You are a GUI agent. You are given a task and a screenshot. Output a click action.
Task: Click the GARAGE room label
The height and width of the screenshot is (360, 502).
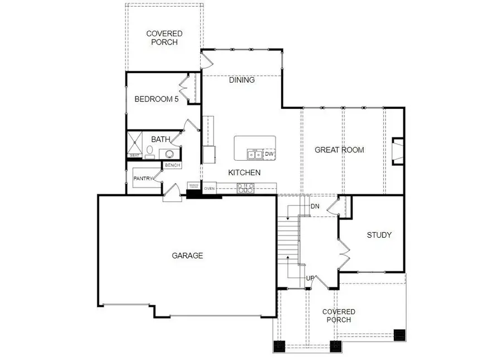pyautogui.click(x=187, y=256)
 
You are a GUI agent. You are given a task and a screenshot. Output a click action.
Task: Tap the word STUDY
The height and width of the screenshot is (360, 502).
pyautogui.click(x=379, y=235)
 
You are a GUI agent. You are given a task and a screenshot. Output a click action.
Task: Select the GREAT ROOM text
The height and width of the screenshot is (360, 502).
pyautogui.click(x=339, y=150)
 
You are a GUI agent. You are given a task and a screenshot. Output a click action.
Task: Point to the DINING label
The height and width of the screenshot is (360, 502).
pyautogui.click(x=242, y=80)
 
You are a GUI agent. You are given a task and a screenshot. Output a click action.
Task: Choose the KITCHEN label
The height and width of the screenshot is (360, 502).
pyautogui.click(x=244, y=172)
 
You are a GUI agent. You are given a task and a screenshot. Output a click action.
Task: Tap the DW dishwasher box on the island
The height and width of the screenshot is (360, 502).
pyautogui.click(x=269, y=153)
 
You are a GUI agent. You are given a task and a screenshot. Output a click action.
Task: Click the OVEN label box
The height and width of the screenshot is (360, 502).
pyautogui.click(x=209, y=189)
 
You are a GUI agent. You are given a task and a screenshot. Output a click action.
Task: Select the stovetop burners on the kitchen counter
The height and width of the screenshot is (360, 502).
pyautogui.click(x=245, y=188)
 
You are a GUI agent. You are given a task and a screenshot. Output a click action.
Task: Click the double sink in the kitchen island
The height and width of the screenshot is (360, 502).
pyautogui.click(x=255, y=153)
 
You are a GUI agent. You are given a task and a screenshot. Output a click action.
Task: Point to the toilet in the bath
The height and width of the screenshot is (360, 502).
pyautogui.click(x=150, y=151)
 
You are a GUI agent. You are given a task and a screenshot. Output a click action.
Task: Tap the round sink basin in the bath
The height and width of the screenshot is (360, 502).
pyautogui.click(x=170, y=153)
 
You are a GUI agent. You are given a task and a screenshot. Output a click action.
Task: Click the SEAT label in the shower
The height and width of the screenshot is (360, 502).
pyautogui.click(x=134, y=156)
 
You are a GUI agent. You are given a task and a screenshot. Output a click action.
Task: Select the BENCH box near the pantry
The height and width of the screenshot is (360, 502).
pyautogui.click(x=172, y=165)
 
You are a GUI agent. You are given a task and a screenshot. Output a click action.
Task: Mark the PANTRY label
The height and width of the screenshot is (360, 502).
pyautogui.click(x=143, y=178)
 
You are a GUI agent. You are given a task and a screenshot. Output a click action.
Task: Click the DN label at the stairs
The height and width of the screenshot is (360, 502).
pyautogui.click(x=315, y=206)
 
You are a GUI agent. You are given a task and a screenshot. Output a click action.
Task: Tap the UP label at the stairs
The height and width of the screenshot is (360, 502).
pyautogui.click(x=309, y=278)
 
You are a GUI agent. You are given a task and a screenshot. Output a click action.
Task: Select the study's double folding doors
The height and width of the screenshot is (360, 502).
pyautogui.click(x=344, y=254)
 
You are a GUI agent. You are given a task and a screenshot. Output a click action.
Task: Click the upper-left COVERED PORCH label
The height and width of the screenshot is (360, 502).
pyautogui.click(x=164, y=38)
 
